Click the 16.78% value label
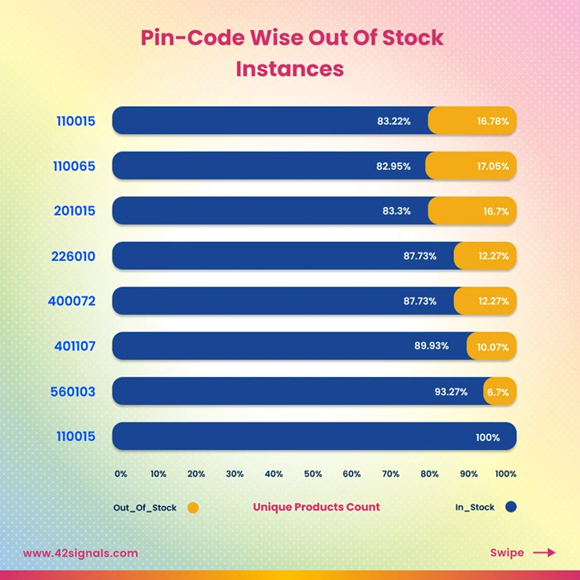click(492, 121)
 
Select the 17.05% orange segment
click(471, 166)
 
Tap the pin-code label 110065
click(75, 166)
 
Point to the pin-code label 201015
click(75, 211)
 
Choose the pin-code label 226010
click(75, 256)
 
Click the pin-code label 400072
click(75, 301)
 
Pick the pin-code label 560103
click(75, 391)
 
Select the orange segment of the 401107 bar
click(492, 346)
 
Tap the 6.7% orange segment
click(500, 391)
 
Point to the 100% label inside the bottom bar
click(486, 437)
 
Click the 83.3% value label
click(396, 211)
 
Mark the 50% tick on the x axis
click(313, 474)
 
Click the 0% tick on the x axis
click(121, 474)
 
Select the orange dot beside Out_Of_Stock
click(193, 507)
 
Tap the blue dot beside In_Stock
click(510, 507)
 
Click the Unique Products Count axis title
click(316, 507)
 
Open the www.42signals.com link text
click(80, 553)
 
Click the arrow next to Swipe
click(544, 553)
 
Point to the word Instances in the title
click(289, 68)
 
